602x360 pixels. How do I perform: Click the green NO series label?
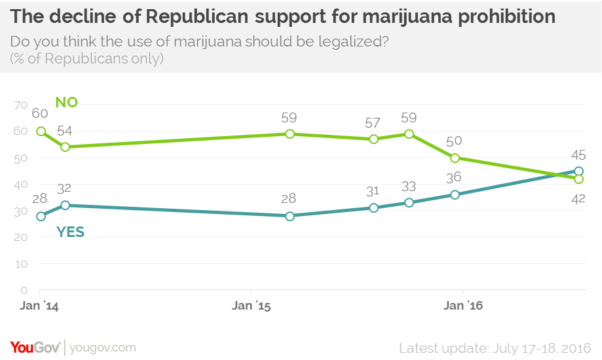tap(67, 102)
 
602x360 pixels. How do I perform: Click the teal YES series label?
tap(71, 232)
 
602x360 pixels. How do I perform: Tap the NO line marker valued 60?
tap(41, 131)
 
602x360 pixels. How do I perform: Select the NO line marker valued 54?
tap(65, 147)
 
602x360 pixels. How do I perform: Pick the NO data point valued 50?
tap(455, 158)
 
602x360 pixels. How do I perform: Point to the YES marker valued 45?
tap(578, 171)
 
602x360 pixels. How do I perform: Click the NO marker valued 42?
tap(578, 179)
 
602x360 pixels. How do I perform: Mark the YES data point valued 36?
tap(455, 194)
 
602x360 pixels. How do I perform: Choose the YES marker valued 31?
tap(373, 207)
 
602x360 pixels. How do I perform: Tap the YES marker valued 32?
tap(65, 205)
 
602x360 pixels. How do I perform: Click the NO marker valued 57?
tap(373, 139)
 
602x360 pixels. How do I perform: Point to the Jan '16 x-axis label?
tap(462, 306)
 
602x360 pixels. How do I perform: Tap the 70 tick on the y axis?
tap(20, 105)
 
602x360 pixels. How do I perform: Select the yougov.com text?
tap(103, 347)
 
